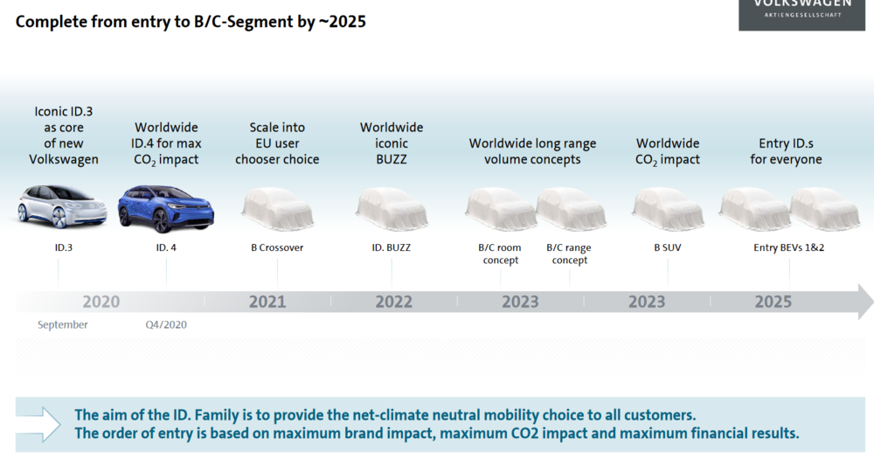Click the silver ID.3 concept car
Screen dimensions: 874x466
click(x=62, y=206)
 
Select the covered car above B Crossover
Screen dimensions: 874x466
click(x=277, y=209)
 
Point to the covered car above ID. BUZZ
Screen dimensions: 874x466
click(x=392, y=209)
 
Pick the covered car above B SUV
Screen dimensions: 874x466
click(x=667, y=209)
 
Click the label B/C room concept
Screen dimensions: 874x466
click(x=500, y=254)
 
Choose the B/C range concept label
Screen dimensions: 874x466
click(x=569, y=254)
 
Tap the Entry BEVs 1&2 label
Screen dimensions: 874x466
click(x=788, y=247)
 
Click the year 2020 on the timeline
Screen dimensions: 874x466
click(x=101, y=302)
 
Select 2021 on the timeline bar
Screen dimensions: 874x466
click(x=267, y=302)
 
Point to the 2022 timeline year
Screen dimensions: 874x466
click(x=393, y=302)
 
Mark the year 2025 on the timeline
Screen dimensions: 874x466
click(x=773, y=302)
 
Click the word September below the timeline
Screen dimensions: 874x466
click(x=62, y=324)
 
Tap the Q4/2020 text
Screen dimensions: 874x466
click(x=166, y=324)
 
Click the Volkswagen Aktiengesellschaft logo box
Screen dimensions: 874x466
click(x=801, y=15)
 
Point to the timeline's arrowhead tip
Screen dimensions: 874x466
click(x=873, y=302)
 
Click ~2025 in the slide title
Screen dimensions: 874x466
click(x=342, y=22)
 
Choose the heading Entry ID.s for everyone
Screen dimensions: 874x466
click(x=786, y=151)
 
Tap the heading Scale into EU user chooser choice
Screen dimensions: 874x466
click(x=277, y=143)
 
